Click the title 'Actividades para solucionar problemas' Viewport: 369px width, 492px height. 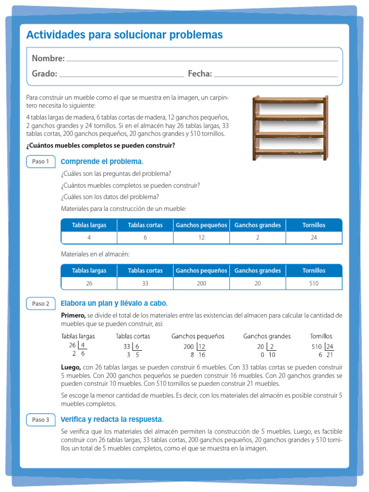click(124, 35)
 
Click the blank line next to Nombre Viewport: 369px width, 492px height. click(202, 61)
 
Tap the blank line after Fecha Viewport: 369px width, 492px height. click(275, 76)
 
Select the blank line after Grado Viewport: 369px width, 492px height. click(121, 76)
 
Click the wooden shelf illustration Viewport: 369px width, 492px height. click(290, 127)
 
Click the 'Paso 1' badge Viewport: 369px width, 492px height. click(41, 161)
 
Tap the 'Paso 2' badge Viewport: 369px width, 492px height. click(41, 304)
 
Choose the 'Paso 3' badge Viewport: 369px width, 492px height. click(41, 419)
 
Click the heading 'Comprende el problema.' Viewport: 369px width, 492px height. click(102, 161)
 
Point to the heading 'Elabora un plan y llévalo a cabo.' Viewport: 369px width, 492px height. click(114, 304)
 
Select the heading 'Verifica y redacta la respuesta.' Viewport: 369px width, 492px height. click(112, 419)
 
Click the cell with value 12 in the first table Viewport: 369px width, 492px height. click(201, 238)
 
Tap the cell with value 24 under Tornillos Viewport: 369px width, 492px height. click(314, 238)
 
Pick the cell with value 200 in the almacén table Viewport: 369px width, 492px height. click(201, 283)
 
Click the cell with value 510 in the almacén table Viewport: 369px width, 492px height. click(314, 283)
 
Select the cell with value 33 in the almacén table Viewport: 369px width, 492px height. click(145, 283)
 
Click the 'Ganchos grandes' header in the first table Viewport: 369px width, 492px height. click(258, 225)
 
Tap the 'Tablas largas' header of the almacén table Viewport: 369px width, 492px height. click(89, 271)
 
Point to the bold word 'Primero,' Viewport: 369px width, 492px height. click(73, 315)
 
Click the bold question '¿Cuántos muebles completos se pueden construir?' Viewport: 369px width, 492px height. click(100, 145)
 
